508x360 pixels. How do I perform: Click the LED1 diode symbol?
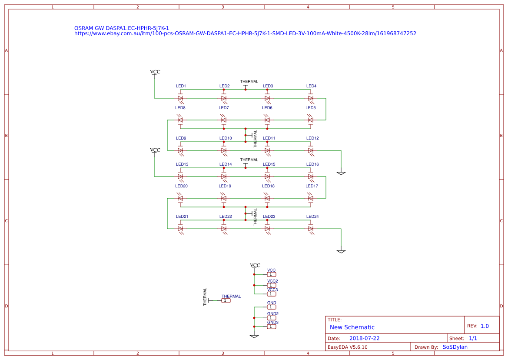(x=180, y=98)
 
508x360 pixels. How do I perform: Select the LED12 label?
(x=312, y=138)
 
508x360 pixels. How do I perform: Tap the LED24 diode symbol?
(x=311, y=228)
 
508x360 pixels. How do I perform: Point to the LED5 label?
(x=310, y=107)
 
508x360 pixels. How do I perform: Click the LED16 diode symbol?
(x=311, y=176)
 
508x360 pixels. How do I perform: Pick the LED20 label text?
(x=182, y=186)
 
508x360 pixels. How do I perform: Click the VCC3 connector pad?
(x=272, y=294)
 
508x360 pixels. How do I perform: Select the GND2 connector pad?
(x=272, y=318)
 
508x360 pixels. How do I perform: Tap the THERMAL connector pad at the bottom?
(x=226, y=300)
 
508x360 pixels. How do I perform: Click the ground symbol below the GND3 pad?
(x=254, y=336)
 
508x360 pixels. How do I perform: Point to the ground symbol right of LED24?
(x=341, y=251)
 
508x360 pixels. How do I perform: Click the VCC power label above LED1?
(x=155, y=72)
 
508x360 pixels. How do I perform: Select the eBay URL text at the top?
(x=245, y=33)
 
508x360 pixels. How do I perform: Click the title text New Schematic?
(x=352, y=327)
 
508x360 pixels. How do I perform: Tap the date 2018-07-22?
(x=364, y=338)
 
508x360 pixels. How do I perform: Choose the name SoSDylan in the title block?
(x=455, y=347)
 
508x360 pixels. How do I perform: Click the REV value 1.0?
(x=485, y=326)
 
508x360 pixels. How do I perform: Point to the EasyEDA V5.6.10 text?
(x=347, y=347)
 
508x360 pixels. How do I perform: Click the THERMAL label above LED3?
(x=249, y=82)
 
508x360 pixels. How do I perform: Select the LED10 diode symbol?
(x=224, y=150)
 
